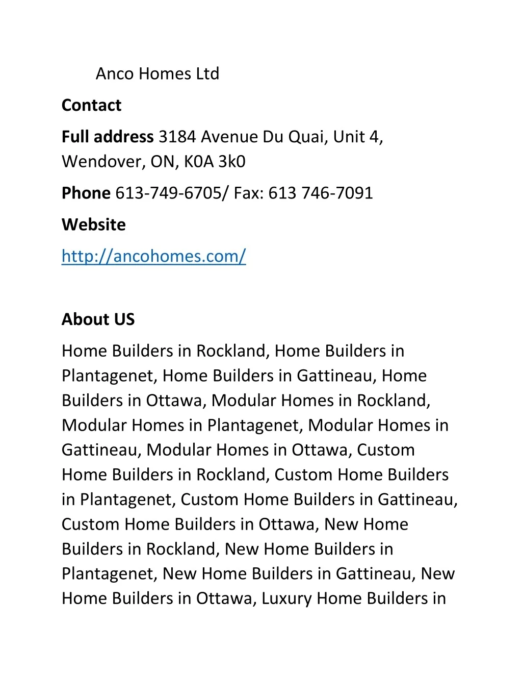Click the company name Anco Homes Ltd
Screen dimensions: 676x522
point(157,74)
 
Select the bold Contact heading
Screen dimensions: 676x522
point(91,106)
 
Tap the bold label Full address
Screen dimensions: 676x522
point(108,137)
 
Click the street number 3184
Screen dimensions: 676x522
point(177,137)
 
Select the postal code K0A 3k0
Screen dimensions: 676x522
point(215,162)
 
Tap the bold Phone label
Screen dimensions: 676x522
point(86,193)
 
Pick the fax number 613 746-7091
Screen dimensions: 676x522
point(321,193)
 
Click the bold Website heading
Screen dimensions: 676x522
point(94,225)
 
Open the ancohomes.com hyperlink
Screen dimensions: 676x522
point(153,256)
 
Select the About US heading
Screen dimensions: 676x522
point(98,319)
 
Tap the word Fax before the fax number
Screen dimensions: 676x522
point(247,193)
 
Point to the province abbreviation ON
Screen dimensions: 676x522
point(163,162)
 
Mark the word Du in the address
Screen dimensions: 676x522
point(273,137)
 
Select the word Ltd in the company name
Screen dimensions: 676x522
point(207,74)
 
